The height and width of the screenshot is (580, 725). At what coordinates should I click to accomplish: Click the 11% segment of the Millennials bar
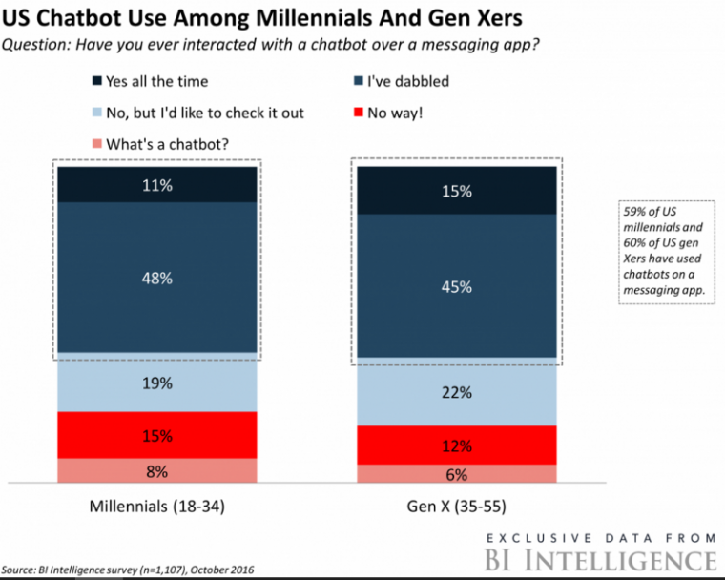click(157, 186)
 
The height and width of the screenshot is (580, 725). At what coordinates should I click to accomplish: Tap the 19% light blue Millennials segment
click(157, 383)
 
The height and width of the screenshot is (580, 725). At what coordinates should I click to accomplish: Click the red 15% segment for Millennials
click(157, 435)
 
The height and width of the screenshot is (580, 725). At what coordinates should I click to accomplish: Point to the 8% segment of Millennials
click(157, 470)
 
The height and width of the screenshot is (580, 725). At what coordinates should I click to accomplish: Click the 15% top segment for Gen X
click(456, 192)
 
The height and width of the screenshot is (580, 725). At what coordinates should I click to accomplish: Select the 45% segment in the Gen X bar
click(456, 287)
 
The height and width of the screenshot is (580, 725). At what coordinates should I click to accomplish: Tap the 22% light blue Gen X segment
click(456, 392)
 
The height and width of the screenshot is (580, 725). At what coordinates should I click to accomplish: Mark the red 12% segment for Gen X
click(456, 445)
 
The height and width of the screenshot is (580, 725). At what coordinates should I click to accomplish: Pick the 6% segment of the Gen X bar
click(456, 474)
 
